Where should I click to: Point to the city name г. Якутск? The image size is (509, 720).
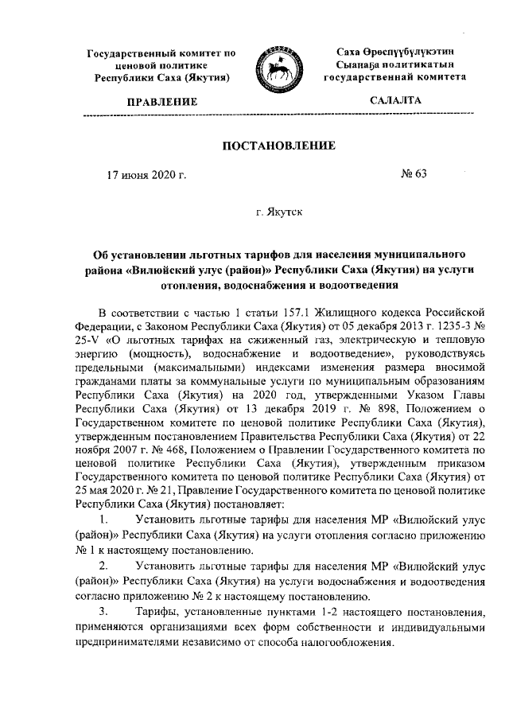278,213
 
